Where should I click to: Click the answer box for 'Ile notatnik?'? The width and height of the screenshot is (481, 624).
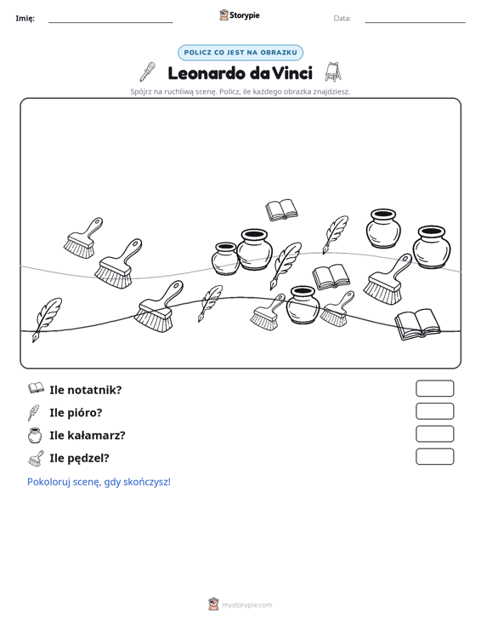434,388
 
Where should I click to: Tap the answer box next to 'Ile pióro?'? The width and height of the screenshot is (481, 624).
434,411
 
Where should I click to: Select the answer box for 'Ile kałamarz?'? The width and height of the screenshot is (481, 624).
434,434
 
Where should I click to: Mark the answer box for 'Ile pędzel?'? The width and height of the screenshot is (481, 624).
434,456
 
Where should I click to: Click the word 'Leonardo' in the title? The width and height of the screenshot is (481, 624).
207,73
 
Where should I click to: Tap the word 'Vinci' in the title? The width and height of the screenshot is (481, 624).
292,73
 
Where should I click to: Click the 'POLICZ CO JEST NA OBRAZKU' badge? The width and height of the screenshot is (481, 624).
240,53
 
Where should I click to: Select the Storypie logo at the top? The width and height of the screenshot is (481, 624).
240,15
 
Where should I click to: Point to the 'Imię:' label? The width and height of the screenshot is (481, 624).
25,19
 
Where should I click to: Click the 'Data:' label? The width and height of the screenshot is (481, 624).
342,19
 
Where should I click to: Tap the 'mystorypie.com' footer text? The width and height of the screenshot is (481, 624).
246,605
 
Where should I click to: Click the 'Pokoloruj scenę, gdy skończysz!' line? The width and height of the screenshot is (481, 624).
99,482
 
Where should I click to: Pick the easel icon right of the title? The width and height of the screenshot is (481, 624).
333,72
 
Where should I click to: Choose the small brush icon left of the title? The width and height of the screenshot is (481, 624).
147,72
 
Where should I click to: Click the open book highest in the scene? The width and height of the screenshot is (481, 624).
281,209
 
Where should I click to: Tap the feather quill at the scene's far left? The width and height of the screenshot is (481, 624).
47,319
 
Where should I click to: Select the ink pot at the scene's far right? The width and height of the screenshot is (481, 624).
432,247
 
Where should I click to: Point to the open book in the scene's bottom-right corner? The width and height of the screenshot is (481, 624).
417,324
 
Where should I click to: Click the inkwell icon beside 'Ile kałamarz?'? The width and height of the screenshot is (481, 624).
35,435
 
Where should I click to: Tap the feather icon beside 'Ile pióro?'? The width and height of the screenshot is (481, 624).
34,413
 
